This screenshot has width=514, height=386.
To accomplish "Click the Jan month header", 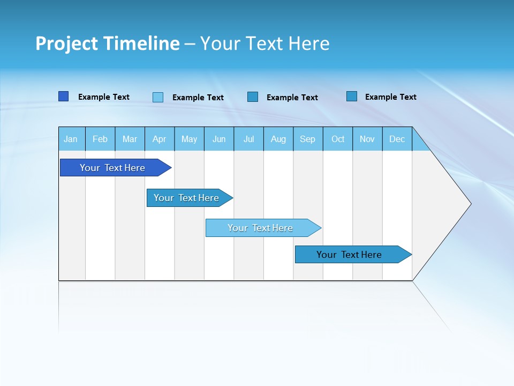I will pyautogui.click(x=71, y=139).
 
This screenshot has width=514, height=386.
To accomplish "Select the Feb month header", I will pyautogui.click(x=100, y=139).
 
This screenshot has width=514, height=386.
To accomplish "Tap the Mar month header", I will pyautogui.click(x=130, y=139).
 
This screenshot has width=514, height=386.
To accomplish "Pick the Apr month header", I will pyautogui.click(x=160, y=139).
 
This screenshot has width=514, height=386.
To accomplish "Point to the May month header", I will pyautogui.click(x=189, y=139).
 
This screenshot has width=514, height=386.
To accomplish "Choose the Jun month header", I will pyautogui.click(x=219, y=139).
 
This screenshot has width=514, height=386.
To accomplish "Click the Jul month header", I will pyautogui.click(x=248, y=139).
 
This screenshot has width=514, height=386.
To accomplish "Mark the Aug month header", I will pyautogui.click(x=278, y=139).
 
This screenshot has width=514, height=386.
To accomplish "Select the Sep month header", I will pyautogui.click(x=308, y=139).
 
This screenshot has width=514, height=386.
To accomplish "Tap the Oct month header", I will pyautogui.click(x=338, y=139).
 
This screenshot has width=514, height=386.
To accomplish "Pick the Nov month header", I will pyautogui.click(x=367, y=139).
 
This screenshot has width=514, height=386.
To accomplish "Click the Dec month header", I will pyautogui.click(x=397, y=139).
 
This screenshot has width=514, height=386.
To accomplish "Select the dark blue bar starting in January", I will pyautogui.click(x=113, y=168).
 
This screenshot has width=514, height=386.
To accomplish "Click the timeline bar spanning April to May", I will pyautogui.click(x=187, y=198).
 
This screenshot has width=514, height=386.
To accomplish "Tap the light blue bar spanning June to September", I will pyautogui.click(x=261, y=228).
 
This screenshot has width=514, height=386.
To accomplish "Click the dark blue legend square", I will pyautogui.click(x=64, y=96).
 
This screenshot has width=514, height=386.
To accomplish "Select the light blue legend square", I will pyautogui.click(x=158, y=97).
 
